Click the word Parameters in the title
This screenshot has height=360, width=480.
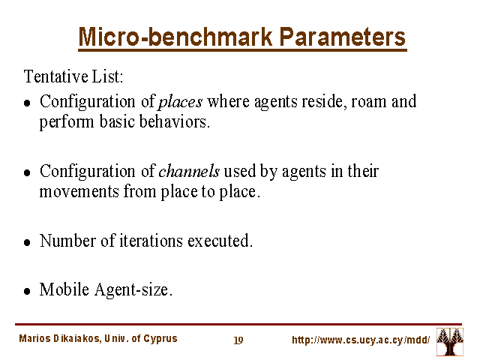343,37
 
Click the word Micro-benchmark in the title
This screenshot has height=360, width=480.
175,37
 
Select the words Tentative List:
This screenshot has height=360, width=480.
73,76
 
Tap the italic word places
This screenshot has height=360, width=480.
180,102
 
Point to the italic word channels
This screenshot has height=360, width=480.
189,171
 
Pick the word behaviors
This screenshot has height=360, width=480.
175,121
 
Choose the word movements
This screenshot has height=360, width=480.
79,192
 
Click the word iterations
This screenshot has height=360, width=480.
151,241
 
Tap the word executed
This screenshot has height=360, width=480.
220,241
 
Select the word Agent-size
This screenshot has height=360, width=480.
133,289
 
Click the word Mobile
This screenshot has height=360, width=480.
64,289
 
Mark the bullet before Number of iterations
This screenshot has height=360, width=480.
27,243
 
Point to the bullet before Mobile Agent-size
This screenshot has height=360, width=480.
27,291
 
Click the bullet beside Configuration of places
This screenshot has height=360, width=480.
27,103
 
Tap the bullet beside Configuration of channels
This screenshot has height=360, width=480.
27,173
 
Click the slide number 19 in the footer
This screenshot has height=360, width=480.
238,340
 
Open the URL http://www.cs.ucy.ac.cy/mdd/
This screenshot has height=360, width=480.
361,340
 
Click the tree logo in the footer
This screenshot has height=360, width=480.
450,342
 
